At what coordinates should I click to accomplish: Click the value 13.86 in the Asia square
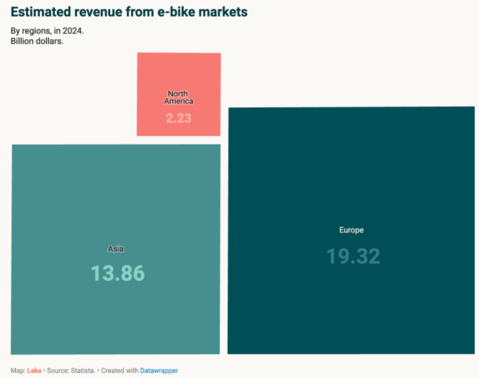118,274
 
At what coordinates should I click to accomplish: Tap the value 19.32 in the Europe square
353,256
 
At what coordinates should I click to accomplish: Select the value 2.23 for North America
179,118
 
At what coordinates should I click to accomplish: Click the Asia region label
116,249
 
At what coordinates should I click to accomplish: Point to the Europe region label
351,230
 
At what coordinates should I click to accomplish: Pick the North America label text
179,97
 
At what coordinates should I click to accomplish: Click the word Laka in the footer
34,371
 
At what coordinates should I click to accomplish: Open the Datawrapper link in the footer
159,371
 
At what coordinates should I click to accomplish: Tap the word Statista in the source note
83,371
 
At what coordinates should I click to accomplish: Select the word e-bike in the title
172,12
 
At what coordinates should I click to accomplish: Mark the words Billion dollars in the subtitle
37,41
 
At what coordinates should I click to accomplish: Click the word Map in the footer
17,371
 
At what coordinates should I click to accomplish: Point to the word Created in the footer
112,371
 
